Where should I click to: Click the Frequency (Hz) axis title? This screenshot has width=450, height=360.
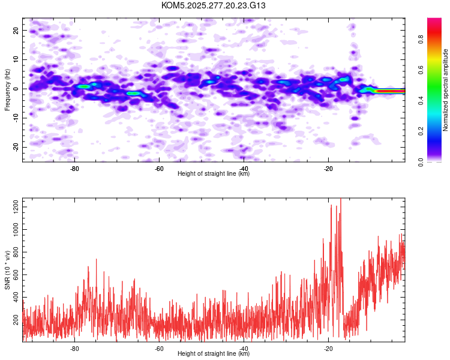pos(7,89)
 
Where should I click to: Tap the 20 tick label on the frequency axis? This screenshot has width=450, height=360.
pos(16,30)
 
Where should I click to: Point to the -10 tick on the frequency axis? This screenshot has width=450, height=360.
pos(15,118)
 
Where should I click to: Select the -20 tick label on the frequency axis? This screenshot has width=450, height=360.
pos(15,148)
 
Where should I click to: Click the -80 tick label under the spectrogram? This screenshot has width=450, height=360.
pos(75,168)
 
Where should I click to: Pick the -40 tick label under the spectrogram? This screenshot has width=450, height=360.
pos(244,168)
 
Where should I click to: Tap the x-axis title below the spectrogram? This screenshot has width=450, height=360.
pos(214,174)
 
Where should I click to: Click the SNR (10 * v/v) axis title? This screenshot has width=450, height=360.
pos(7,270)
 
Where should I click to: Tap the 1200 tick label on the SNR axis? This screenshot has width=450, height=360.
pos(13,207)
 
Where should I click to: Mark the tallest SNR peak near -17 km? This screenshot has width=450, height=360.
pos(341,200)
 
